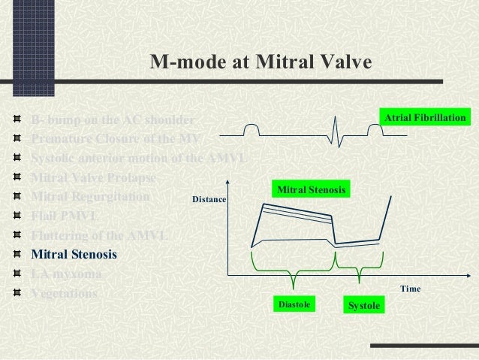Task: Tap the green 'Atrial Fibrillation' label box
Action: [x=426, y=119]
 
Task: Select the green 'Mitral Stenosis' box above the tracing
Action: [x=312, y=190]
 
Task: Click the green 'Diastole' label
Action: [x=294, y=305]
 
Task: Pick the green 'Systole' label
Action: [x=364, y=306]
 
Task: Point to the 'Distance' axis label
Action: [x=209, y=200]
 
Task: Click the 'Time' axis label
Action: [x=410, y=289]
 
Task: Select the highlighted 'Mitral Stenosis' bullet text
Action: [x=74, y=254]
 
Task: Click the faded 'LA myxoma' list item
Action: [x=65, y=274]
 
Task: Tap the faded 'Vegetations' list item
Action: [x=65, y=293]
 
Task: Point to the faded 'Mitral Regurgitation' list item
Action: [x=91, y=197]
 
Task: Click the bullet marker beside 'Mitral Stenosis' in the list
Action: [x=17, y=254]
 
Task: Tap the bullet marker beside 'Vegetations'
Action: [x=17, y=293]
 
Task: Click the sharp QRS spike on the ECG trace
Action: [x=335, y=136]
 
